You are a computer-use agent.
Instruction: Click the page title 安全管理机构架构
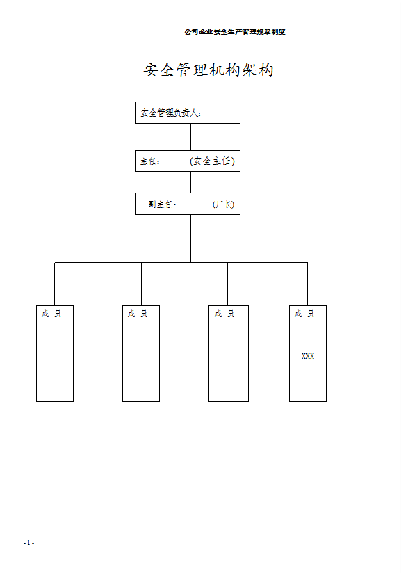click(208, 70)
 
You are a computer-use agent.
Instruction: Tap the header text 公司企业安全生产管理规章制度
click(235, 31)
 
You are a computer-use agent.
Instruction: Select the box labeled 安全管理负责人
click(187, 113)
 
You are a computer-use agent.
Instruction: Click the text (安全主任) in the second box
click(212, 161)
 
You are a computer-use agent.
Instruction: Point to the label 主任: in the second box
click(149, 161)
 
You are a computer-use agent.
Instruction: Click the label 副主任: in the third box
click(163, 204)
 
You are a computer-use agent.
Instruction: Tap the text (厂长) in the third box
click(223, 204)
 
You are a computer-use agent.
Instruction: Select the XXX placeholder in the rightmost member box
click(308, 356)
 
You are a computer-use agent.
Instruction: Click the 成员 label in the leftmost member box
click(54, 314)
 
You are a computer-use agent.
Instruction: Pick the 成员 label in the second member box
click(140, 314)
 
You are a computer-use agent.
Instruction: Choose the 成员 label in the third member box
click(227, 314)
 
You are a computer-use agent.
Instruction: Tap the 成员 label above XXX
click(306, 314)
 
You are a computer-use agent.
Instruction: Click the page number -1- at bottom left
click(28, 542)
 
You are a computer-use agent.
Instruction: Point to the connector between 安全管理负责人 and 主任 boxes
click(190, 137)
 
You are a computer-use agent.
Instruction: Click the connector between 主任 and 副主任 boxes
click(190, 182)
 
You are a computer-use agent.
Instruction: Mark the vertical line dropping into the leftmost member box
click(55, 284)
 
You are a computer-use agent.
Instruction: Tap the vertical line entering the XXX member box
click(307, 284)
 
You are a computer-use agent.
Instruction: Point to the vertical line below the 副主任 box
click(190, 238)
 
